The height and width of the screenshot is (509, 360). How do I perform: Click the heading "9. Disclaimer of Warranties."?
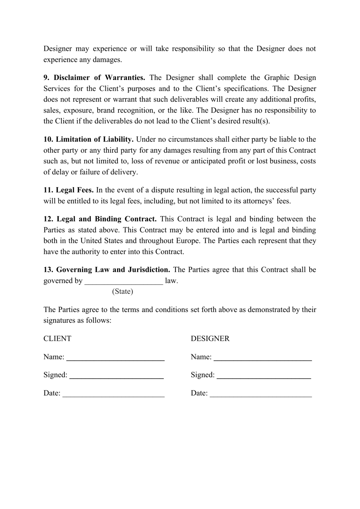coord(94,78)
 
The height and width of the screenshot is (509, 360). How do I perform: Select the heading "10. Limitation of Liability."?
coord(88,139)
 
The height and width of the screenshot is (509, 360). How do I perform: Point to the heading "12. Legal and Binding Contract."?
coord(100,219)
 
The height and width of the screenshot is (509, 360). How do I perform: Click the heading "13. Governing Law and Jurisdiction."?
coord(106,270)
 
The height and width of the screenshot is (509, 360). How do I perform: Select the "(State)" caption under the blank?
coord(122,291)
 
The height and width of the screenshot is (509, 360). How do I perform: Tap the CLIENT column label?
coord(57,339)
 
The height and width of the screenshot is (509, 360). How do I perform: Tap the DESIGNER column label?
coord(210,339)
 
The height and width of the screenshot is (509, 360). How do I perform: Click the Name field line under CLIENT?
coord(115,358)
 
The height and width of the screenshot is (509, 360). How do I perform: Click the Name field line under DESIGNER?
coord(263,358)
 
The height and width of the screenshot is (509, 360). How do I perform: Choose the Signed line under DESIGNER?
coord(264,376)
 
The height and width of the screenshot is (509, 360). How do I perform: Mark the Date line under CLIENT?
coord(113,395)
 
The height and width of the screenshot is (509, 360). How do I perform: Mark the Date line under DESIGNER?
coord(261,395)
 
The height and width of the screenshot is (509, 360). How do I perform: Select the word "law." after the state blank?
coord(171,281)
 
